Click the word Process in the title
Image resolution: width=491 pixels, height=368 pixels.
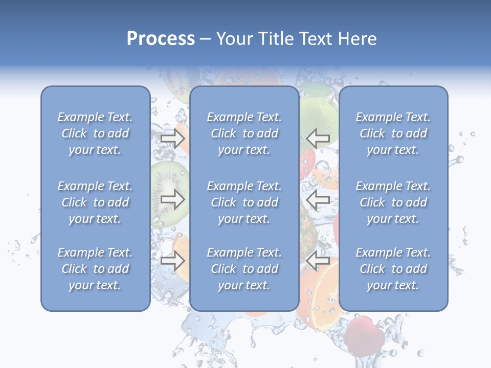[161, 39]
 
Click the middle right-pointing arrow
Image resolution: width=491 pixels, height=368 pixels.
[172, 200]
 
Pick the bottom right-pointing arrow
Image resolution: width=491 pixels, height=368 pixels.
[172, 261]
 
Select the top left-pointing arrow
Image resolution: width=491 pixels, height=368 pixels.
[318, 139]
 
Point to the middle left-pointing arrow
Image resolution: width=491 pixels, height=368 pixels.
[318, 200]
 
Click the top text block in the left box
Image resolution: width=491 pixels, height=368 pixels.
[95, 133]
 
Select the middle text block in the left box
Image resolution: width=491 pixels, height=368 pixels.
[95, 202]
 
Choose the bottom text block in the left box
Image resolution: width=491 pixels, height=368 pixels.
[95, 269]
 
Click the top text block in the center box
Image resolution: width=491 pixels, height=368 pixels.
[244, 133]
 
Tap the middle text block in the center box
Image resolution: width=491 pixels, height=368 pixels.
[244, 202]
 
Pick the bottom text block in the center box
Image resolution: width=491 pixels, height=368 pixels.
[244, 269]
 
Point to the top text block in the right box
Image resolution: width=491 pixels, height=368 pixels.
[393, 133]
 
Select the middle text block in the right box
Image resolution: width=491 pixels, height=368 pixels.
[393, 202]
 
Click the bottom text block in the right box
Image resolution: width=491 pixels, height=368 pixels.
[393, 269]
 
